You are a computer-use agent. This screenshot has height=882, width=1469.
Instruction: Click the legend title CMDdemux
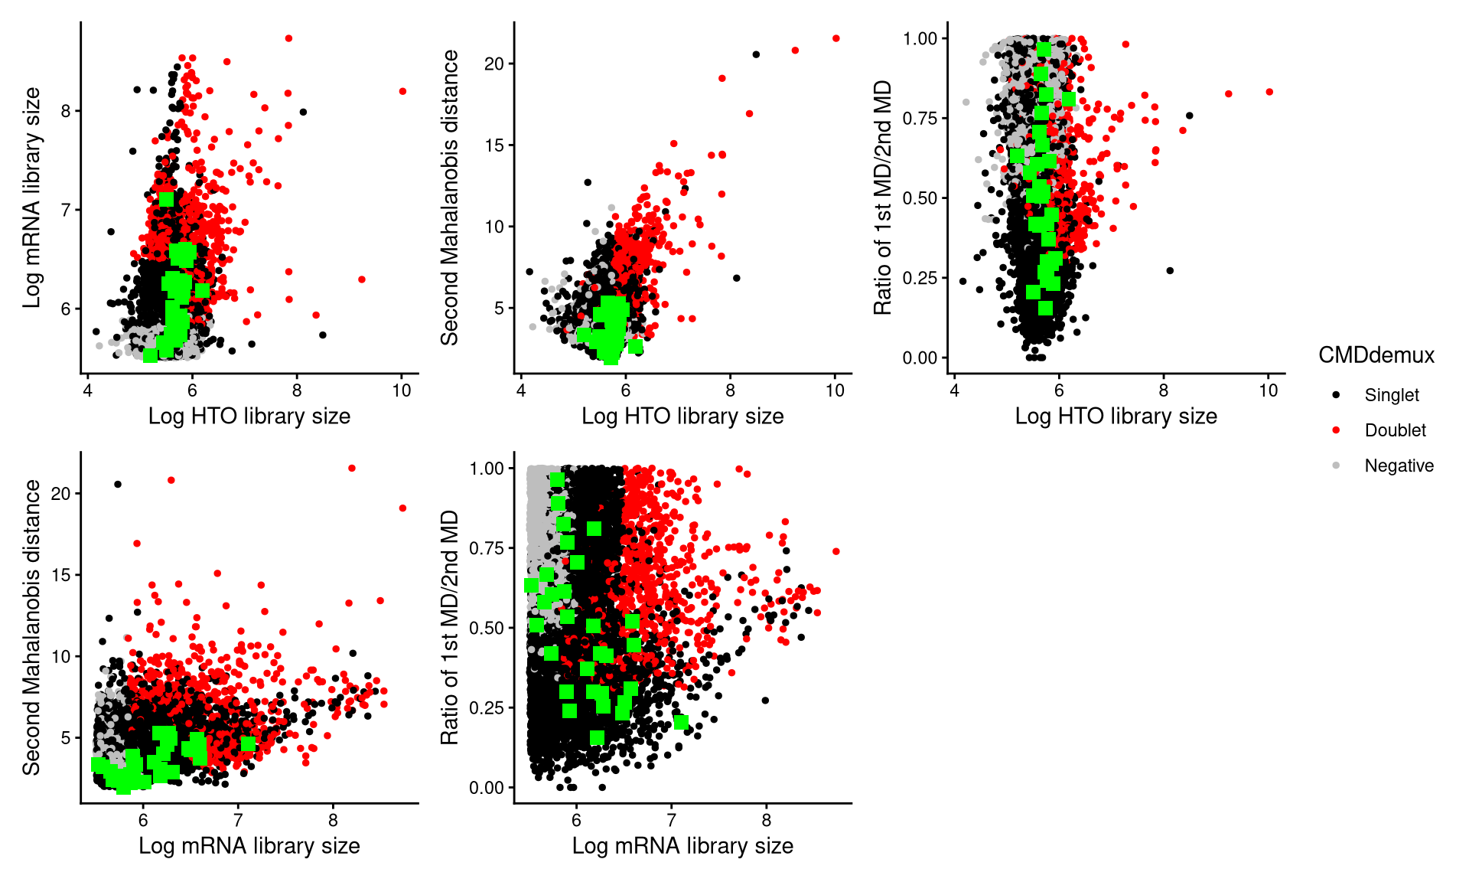click(1376, 355)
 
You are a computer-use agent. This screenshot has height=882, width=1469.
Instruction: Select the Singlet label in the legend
click(1391, 395)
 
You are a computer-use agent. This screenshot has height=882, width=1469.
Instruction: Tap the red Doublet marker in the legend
click(1336, 430)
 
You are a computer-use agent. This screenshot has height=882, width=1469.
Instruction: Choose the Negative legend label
click(1399, 465)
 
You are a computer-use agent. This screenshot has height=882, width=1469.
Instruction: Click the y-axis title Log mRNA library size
click(31, 198)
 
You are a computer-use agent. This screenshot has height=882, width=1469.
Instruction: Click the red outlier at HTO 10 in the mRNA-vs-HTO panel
click(402, 91)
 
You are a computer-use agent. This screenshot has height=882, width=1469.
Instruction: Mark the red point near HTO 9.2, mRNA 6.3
click(362, 279)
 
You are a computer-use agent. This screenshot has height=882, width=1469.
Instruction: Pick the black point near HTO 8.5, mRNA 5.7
click(323, 335)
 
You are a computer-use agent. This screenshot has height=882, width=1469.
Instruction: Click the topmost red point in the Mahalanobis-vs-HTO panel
click(835, 38)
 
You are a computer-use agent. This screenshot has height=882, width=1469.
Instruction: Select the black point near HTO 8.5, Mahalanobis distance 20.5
click(756, 54)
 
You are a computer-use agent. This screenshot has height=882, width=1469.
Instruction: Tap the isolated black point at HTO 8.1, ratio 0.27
click(1169, 270)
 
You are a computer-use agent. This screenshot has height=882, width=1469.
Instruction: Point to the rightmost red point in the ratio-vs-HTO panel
click(1269, 92)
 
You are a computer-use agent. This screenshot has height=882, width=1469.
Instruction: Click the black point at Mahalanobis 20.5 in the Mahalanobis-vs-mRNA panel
click(118, 484)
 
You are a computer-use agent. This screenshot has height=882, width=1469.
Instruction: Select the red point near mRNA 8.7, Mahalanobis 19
click(402, 508)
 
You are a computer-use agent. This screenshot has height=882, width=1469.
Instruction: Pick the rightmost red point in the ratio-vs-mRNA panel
click(835, 551)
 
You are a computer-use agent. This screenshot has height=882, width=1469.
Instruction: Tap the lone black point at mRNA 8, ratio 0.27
click(765, 700)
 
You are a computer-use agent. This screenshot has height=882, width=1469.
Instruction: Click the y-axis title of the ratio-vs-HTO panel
click(883, 198)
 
